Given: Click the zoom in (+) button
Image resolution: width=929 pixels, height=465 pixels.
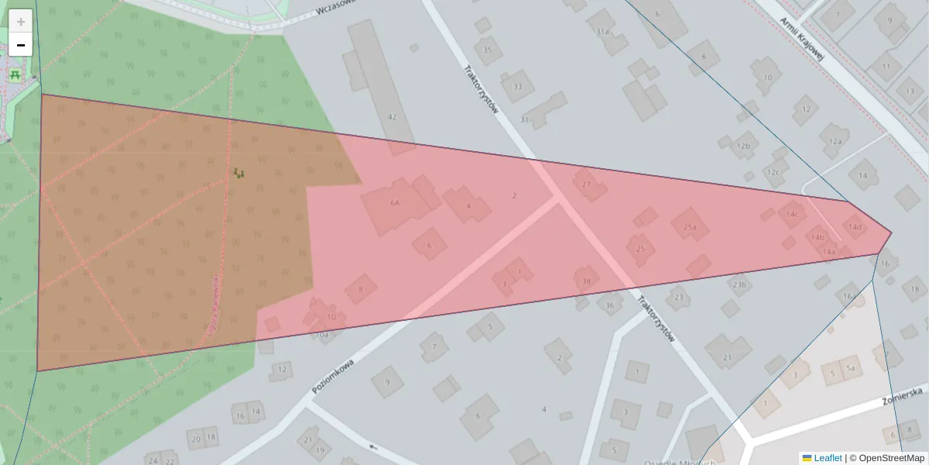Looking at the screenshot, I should (x=21, y=22).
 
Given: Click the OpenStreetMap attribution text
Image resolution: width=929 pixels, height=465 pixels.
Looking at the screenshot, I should (x=891, y=458).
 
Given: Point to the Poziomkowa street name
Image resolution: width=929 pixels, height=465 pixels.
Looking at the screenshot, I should (x=333, y=376).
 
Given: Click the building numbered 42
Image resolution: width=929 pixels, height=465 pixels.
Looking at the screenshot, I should (x=392, y=116).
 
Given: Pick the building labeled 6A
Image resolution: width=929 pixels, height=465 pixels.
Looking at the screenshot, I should (x=395, y=203).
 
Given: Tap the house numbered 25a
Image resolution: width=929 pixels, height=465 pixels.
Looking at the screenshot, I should (x=690, y=227).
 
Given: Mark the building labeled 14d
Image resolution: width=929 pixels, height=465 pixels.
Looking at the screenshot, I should (x=854, y=227).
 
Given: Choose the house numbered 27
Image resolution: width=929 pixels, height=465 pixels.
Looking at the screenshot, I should (x=586, y=184).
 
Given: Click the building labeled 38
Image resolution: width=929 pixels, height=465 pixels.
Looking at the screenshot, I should (x=586, y=281).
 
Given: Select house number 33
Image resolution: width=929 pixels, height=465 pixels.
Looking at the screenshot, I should (x=517, y=86).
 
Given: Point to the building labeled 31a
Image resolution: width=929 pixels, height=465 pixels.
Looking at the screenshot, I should (x=603, y=32).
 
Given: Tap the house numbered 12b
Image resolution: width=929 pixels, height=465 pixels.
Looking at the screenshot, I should (x=743, y=146).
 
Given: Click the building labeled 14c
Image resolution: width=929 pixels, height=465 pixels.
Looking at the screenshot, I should (x=791, y=213).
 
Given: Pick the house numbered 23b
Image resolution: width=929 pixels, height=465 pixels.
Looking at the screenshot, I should (x=739, y=285).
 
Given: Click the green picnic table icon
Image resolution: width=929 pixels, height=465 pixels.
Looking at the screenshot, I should (x=15, y=74).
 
